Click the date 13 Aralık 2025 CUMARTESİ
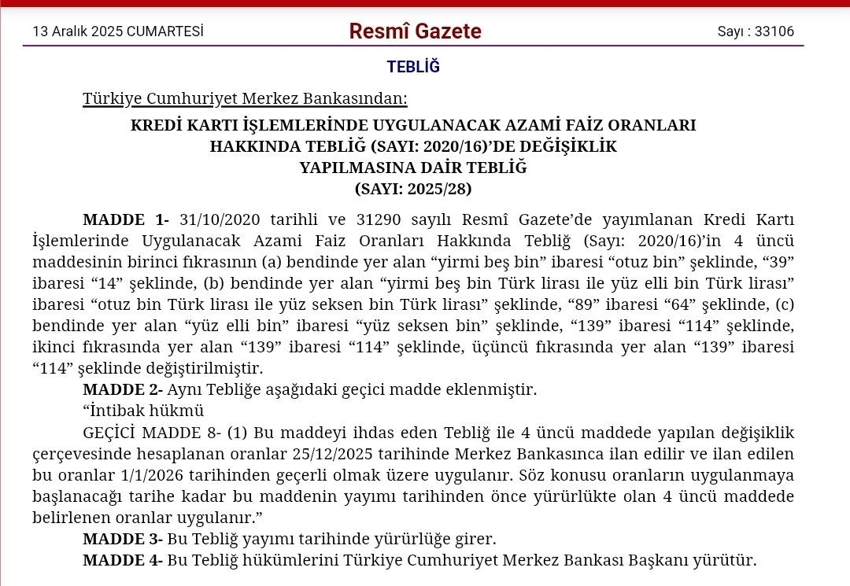[118, 31]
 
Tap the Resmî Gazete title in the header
[415, 31]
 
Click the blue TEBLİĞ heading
[413, 67]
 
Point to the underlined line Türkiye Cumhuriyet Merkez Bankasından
[246, 99]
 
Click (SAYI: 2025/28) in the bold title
[413, 189]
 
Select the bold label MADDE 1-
[126, 219]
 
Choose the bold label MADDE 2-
[123, 389]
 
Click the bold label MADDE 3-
[123, 540]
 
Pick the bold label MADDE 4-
[123, 561]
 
